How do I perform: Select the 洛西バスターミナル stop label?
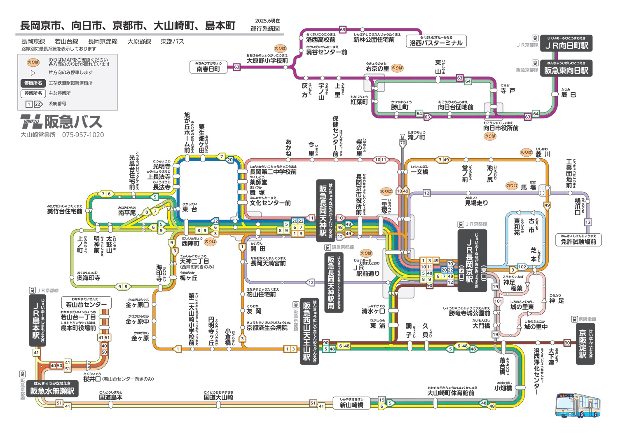[x=436, y=43]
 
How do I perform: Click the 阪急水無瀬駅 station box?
[x=52, y=391]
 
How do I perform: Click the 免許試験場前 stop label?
[x=578, y=242]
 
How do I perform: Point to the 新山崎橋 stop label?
[x=351, y=405]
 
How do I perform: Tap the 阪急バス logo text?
[x=73, y=122]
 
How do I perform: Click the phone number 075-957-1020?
[x=83, y=135]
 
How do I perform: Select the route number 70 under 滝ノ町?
[x=403, y=143]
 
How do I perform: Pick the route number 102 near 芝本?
[x=522, y=267]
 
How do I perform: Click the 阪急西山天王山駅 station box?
[x=307, y=331]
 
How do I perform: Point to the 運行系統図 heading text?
[x=265, y=29]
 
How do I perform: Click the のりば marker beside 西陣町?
[x=210, y=242]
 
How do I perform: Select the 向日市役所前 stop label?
[x=501, y=128]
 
